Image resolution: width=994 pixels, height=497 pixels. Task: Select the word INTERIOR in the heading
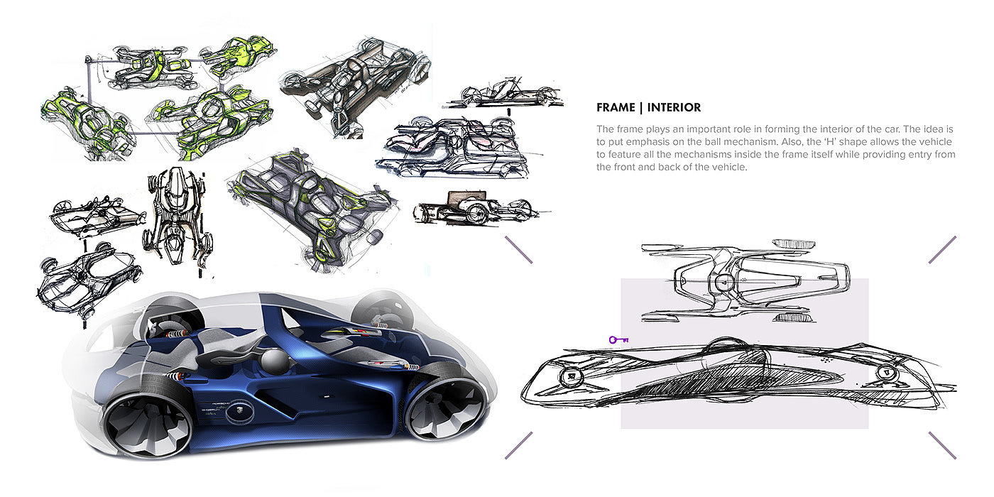tap(674, 108)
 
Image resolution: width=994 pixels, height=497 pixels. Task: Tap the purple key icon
tap(618, 340)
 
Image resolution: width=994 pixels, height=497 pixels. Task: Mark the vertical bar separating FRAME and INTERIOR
tap(641, 108)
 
